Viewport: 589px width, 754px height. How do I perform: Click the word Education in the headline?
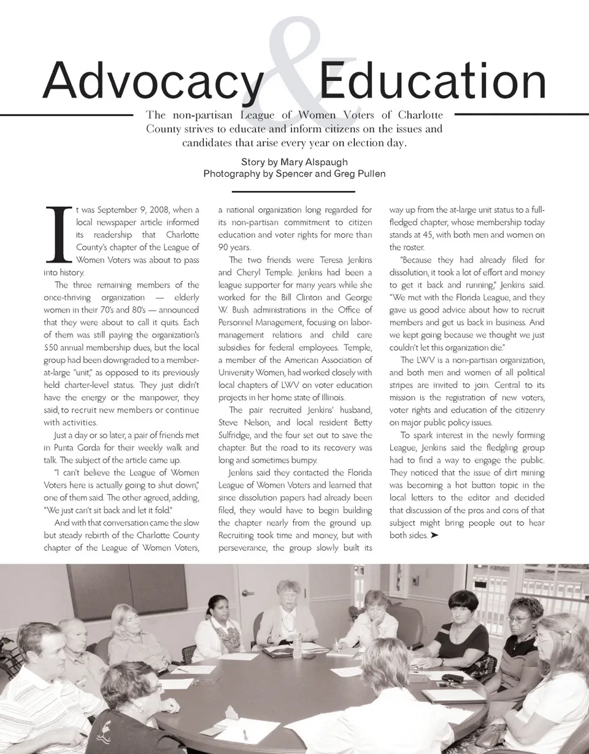point(432,82)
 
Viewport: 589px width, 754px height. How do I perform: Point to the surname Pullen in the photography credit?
point(370,174)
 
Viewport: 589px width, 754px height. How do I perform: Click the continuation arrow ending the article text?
point(434,535)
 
